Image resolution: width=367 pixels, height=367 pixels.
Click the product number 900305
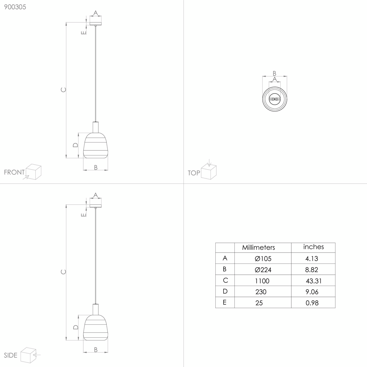click(15, 7)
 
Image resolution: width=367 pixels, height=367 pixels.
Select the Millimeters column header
click(258, 247)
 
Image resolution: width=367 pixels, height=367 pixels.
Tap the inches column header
click(313, 247)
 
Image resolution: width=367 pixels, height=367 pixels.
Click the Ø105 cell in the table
click(263, 258)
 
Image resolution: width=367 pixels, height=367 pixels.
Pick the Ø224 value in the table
click(263, 270)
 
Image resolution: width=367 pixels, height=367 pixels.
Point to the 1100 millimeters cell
click(262, 281)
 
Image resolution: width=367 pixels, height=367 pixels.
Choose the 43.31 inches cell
click(314, 281)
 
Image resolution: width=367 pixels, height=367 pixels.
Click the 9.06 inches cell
click(312, 292)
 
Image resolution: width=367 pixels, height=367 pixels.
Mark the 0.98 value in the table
click(312, 303)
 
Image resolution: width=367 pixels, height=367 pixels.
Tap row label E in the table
click(225, 302)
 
